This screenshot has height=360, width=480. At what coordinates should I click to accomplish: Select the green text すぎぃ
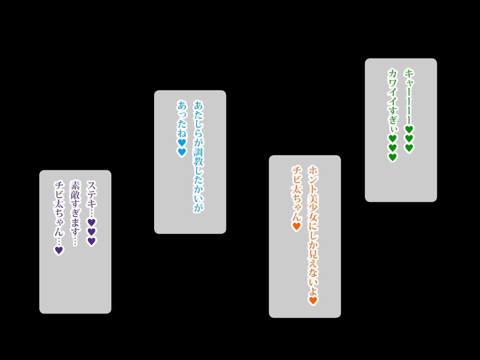click(393, 120)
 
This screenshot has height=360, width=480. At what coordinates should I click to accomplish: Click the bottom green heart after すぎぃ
click(393, 157)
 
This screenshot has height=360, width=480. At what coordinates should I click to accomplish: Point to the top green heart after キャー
click(409, 129)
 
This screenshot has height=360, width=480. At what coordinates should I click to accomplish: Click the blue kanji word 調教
click(198, 157)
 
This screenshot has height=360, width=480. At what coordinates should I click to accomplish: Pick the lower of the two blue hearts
click(182, 152)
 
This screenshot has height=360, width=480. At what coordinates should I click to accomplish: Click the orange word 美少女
click(313, 208)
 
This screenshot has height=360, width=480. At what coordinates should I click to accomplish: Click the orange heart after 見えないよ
click(313, 301)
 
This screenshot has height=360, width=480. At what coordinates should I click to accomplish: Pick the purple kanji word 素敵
click(75, 190)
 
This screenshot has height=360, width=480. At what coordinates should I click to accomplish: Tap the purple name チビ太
click(59, 195)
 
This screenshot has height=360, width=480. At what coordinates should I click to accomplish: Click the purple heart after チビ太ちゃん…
click(59, 250)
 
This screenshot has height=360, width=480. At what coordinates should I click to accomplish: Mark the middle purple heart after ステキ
click(91, 232)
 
